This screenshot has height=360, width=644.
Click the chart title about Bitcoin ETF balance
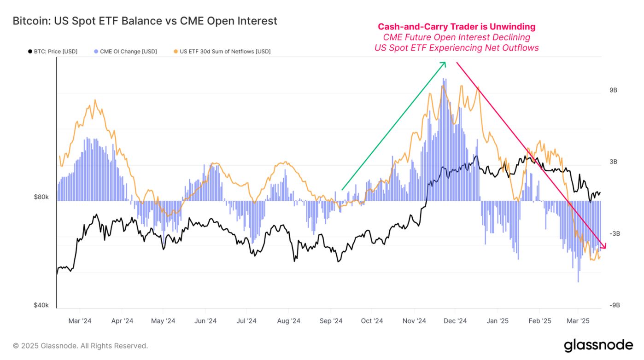click(x=145, y=21)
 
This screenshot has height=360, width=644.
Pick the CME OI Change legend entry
click(x=125, y=52)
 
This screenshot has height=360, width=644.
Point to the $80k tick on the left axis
click(x=41, y=197)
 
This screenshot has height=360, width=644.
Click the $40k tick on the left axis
click(x=41, y=306)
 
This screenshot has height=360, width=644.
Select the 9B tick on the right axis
click(x=613, y=90)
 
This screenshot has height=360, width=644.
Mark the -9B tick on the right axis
click(x=615, y=306)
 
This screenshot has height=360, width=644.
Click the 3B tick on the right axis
click(x=613, y=162)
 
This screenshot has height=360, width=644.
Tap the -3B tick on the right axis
click(x=615, y=234)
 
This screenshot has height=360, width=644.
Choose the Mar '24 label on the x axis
click(x=80, y=321)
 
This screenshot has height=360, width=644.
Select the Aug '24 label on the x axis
click(x=289, y=321)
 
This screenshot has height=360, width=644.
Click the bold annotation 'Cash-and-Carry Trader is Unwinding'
click(x=457, y=27)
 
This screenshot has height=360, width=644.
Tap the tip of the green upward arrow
click(x=445, y=63)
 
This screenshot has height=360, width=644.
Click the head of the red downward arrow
click(x=604, y=248)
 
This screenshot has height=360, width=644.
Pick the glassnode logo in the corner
click(x=598, y=345)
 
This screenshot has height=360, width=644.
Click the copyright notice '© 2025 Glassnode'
click(x=80, y=346)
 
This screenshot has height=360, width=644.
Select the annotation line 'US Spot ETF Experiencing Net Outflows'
click(x=457, y=48)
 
